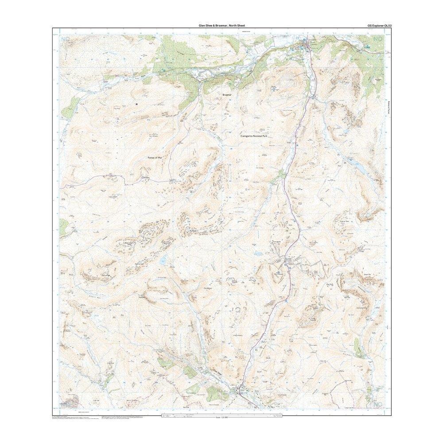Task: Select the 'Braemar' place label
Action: click(229, 94)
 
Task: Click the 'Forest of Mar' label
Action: click(157, 157)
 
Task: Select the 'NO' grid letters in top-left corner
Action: click(67, 40)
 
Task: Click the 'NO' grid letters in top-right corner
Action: click(377, 40)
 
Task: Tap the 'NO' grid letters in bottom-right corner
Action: click(377, 404)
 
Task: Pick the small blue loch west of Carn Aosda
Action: click(258, 254)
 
